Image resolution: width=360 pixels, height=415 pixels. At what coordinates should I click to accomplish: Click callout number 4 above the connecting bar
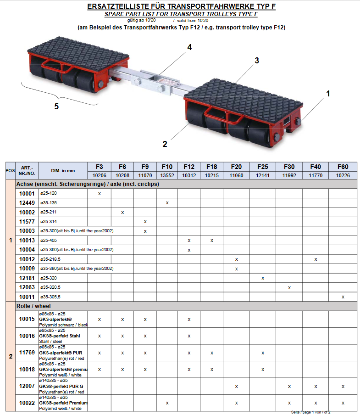click(x=189, y=47)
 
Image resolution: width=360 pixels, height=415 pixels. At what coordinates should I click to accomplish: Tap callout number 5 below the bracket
click(x=56, y=106)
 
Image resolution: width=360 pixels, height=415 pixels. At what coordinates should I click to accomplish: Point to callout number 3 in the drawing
click(x=257, y=61)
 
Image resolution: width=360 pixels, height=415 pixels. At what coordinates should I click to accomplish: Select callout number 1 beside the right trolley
click(x=328, y=94)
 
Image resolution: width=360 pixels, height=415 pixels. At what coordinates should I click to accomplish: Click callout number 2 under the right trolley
click(x=165, y=144)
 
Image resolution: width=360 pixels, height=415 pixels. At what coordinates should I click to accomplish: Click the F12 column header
click(x=189, y=167)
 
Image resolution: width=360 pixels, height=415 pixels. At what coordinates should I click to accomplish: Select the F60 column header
click(x=343, y=167)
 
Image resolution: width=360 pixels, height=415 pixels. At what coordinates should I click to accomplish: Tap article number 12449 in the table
click(x=27, y=202)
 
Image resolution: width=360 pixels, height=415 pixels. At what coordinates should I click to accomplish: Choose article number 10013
click(x=27, y=240)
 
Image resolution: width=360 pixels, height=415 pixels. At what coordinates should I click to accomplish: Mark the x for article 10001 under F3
click(x=100, y=193)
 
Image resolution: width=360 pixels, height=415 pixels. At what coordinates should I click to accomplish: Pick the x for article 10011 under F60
click(x=343, y=297)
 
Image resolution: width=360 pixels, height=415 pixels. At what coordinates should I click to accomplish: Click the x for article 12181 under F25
click(x=263, y=278)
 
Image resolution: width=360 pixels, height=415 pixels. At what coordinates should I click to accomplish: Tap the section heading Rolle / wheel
click(x=33, y=306)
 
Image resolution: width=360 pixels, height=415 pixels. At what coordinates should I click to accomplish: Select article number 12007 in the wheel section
click(x=27, y=386)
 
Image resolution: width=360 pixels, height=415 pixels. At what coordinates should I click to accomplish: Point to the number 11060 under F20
click(x=236, y=175)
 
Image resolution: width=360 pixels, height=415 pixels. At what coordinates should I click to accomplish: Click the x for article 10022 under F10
click(x=167, y=403)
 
